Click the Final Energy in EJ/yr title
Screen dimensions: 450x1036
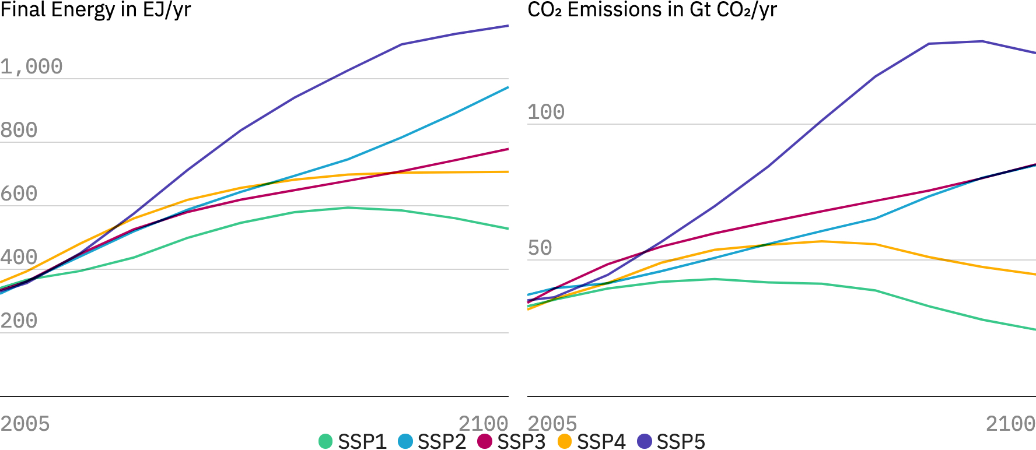coord(96,10)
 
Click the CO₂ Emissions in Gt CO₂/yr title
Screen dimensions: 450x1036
coord(652,10)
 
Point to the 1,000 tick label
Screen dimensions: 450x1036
coord(32,67)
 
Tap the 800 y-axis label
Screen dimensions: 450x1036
coord(19,131)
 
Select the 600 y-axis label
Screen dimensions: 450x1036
coord(19,194)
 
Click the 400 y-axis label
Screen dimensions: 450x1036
coord(19,258)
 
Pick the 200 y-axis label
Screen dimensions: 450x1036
coord(19,321)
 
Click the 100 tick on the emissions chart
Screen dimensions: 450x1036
coord(546,112)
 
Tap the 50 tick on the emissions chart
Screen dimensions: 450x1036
coord(540,248)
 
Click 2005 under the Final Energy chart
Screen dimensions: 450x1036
coord(25,424)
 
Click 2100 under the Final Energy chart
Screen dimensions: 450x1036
coord(483,424)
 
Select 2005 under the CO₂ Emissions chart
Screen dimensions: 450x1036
coord(552,424)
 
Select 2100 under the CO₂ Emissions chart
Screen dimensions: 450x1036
coord(1010,424)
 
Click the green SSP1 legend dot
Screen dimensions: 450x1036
coord(325,441)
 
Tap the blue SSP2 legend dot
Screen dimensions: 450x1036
coord(405,441)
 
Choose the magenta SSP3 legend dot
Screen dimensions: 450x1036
coord(485,441)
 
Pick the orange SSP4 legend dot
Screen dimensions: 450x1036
coord(565,441)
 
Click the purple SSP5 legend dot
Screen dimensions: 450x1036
coord(645,441)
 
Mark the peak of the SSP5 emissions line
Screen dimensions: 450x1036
coord(982,41)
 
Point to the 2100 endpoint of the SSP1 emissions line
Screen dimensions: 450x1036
coord(1035,330)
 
